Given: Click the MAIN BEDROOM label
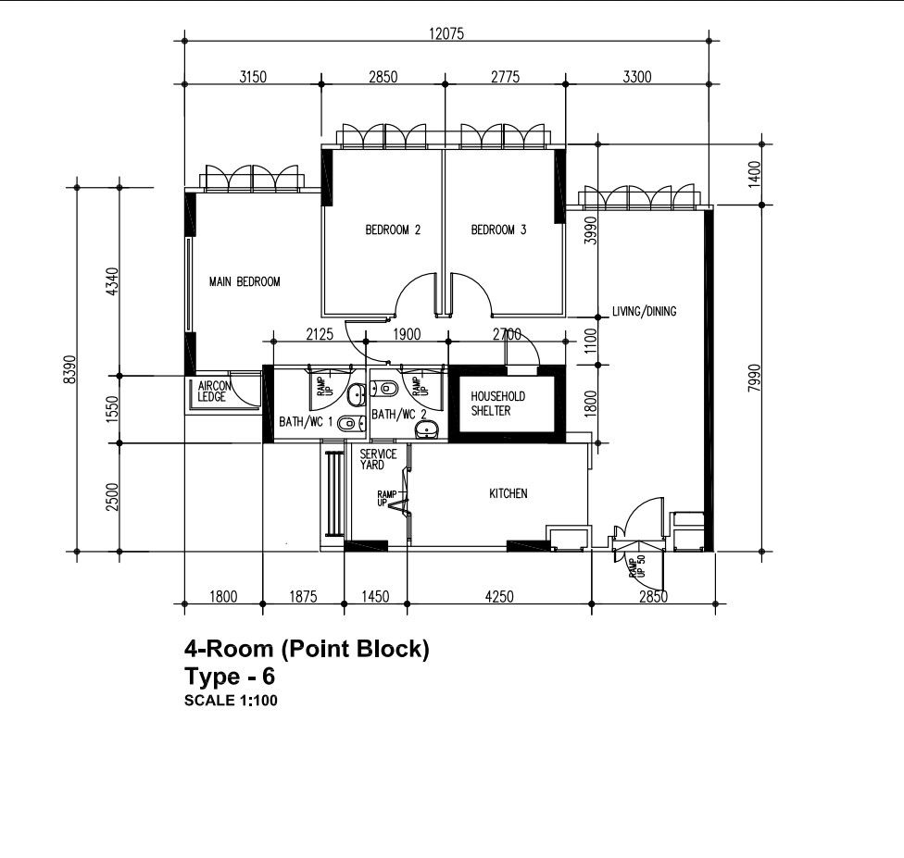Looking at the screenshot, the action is [x=245, y=281].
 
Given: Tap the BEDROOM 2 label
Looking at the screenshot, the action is [x=393, y=230].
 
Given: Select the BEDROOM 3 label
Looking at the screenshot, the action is [x=498, y=230].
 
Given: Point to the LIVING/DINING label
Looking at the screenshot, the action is [x=644, y=311].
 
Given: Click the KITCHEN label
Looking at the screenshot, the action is [x=508, y=493].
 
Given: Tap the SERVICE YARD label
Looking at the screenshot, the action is [x=378, y=459].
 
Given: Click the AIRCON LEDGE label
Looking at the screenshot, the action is [x=214, y=392].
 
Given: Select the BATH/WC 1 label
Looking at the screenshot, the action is [x=306, y=422].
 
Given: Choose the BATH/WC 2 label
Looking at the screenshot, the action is [x=399, y=415].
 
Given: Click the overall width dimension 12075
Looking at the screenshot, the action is [x=446, y=34].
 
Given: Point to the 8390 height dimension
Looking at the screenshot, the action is [x=69, y=369].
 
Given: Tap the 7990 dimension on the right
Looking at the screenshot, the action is [x=754, y=378].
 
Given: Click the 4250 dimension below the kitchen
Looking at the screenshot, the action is [x=499, y=596].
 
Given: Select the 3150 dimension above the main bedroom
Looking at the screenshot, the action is [x=253, y=77].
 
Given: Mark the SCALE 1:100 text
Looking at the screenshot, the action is [x=231, y=701].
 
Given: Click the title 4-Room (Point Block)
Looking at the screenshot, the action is [x=307, y=649].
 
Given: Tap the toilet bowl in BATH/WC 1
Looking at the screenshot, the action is [x=350, y=425].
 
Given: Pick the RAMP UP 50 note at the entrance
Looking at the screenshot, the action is [x=637, y=566].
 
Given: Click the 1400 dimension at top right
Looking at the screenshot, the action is [x=754, y=173].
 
